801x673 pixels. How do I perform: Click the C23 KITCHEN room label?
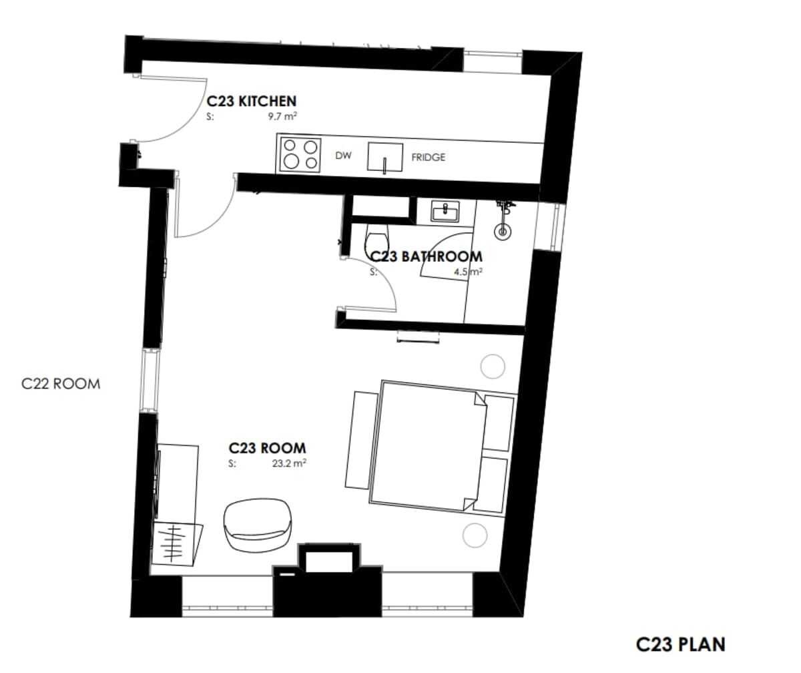tap(251, 101)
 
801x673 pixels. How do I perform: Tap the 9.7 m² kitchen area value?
tap(282, 117)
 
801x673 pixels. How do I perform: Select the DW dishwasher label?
tap(343, 156)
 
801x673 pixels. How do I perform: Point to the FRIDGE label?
tap(428, 158)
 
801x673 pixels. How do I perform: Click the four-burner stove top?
tap(301, 154)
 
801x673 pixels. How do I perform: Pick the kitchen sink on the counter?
tap(384, 158)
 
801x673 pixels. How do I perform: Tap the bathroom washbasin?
tap(445, 212)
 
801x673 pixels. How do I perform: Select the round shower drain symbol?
tap(502, 232)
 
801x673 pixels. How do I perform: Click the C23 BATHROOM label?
tap(425, 256)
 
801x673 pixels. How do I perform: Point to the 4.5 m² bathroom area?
tap(468, 272)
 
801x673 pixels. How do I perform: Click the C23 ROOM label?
tap(267, 448)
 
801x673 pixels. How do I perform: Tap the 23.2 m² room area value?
tap(289, 463)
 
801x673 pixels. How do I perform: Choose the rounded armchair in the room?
tap(258, 525)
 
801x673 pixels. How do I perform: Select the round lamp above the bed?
tap(493, 367)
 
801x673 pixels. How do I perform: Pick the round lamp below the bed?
tap(475, 535)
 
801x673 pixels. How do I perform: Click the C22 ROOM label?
tap(61, 384)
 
